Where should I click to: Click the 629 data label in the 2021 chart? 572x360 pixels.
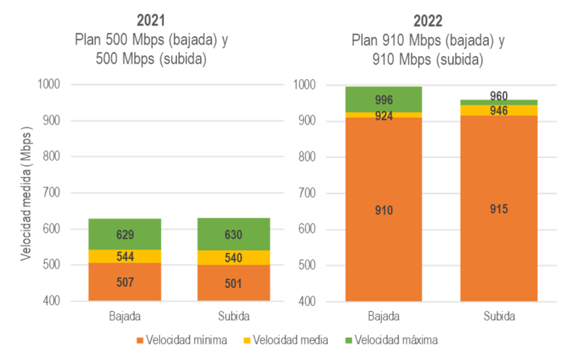[125, 235]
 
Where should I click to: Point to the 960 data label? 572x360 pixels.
[499, 95]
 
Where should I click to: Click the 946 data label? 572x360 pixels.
[499, 110]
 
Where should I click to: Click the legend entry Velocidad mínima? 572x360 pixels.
[182, 340]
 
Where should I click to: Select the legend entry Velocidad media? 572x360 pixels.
[284, 340]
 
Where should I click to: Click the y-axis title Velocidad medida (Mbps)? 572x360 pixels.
[26, 193]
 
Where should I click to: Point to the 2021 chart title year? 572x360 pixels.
[151, 20]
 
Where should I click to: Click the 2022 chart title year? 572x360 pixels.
[427, 21]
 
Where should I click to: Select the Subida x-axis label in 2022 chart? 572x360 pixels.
[499, 316]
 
